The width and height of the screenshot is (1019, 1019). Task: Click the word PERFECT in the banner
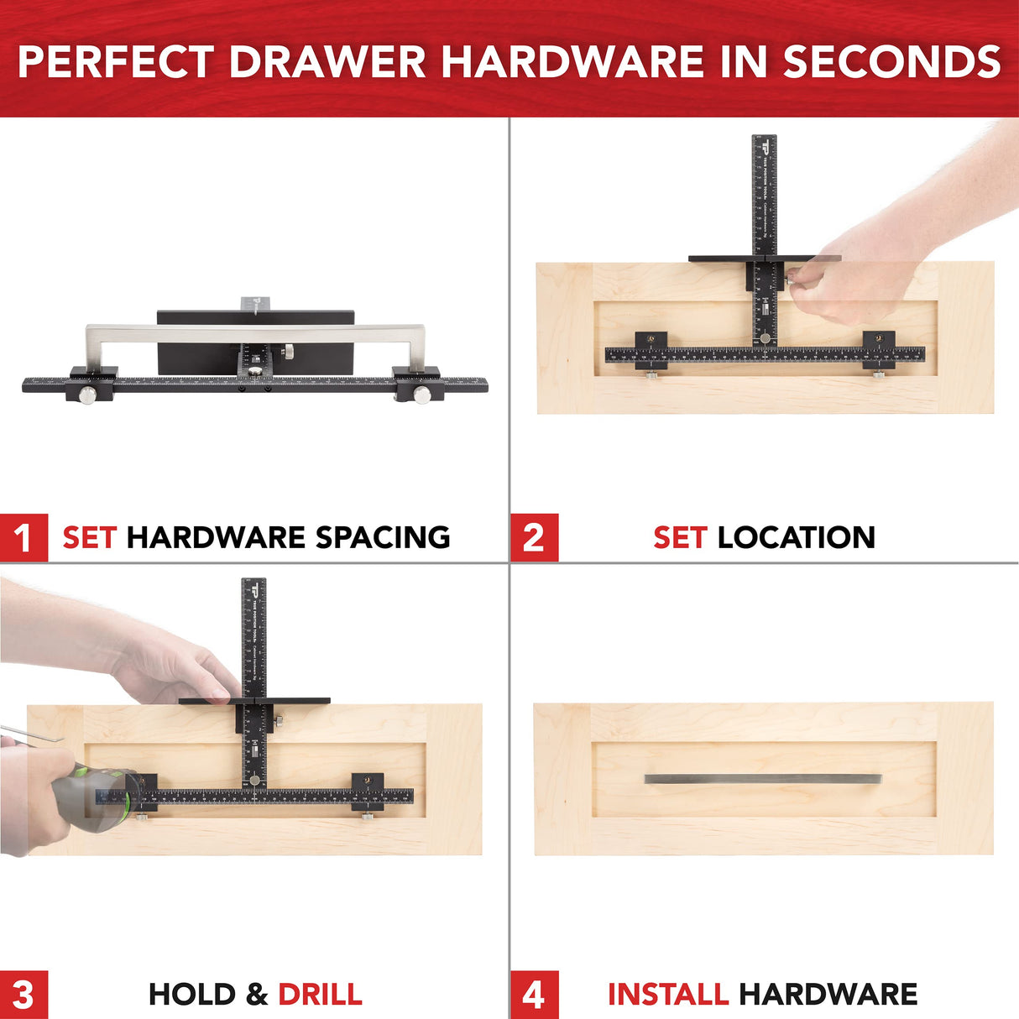click(116, 62)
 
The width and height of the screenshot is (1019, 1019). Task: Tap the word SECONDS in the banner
click(892, 62)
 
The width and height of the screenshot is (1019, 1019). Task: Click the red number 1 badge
click(24, 537)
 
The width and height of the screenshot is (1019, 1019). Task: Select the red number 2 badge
click(534, 537)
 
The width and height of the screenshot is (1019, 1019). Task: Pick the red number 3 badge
click(24, 995)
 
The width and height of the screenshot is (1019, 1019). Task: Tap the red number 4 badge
click(534, 995)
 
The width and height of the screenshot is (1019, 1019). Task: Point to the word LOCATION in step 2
click(797, 537)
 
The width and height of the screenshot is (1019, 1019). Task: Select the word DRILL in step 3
click(320, 995)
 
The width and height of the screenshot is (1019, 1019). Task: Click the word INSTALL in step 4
click(667, 995)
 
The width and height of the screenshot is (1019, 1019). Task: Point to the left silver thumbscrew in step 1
click(86, 394)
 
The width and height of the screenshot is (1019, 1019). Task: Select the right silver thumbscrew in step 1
click(422, 394)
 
